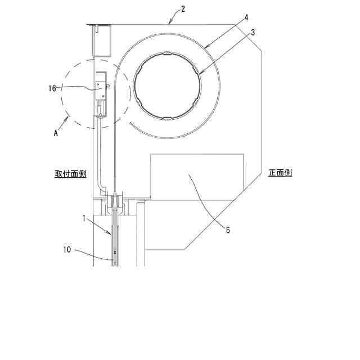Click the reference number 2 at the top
(183, 9)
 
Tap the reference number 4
(246, 17)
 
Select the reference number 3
(253, 33)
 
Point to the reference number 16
(52, 88)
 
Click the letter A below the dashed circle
(56, 133)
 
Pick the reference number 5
(227, 230)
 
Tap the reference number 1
(84, 218)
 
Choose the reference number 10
(67, 250)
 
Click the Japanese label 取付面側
(70, 174)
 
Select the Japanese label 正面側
(280, 173)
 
